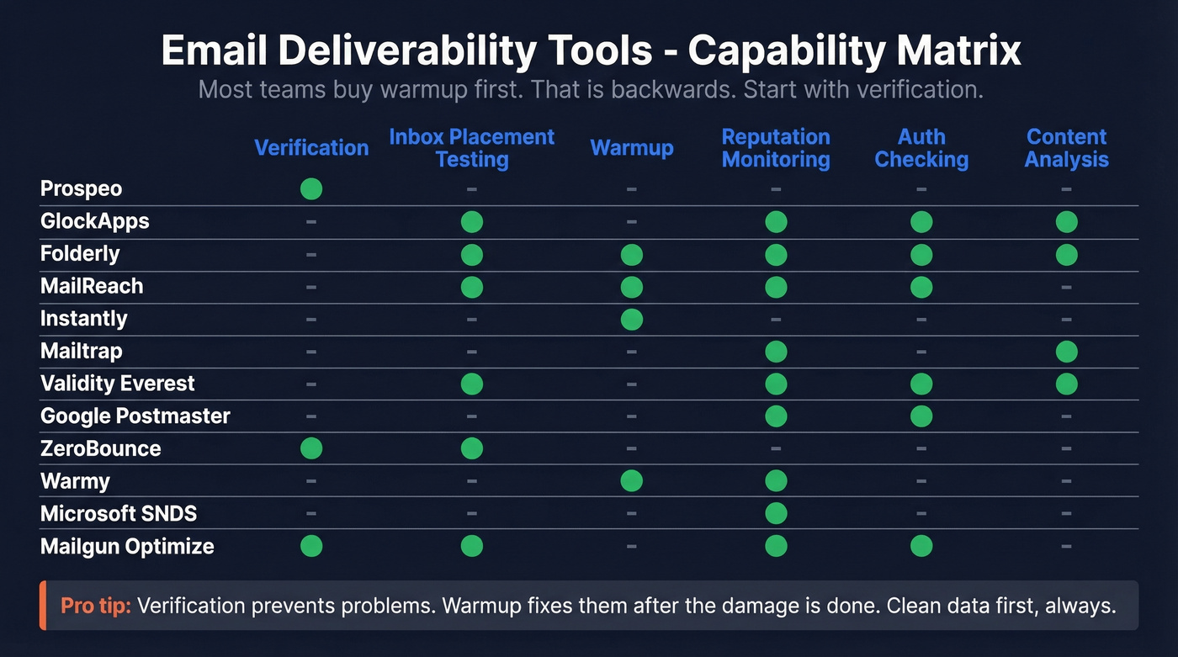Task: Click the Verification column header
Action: [311, 148]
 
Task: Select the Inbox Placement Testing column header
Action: [471, 148]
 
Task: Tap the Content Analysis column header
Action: [1066, 148]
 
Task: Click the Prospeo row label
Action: [81, 189]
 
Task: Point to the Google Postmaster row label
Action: [135, 416]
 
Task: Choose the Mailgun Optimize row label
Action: [127, 547]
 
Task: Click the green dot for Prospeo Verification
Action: [311, 189]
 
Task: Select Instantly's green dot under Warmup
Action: [631, 319]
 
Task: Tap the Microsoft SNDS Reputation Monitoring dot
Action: [776, 513]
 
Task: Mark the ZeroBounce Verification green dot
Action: [311, 448]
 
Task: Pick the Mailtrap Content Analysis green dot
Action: [1066, 352]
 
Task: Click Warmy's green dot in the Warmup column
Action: [631, 481]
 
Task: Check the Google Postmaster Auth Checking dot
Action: [921, 416]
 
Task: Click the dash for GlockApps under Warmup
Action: [631, 222]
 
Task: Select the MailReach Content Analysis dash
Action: [1066, 287]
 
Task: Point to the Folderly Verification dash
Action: [311, 254]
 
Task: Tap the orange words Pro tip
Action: [95, 606]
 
